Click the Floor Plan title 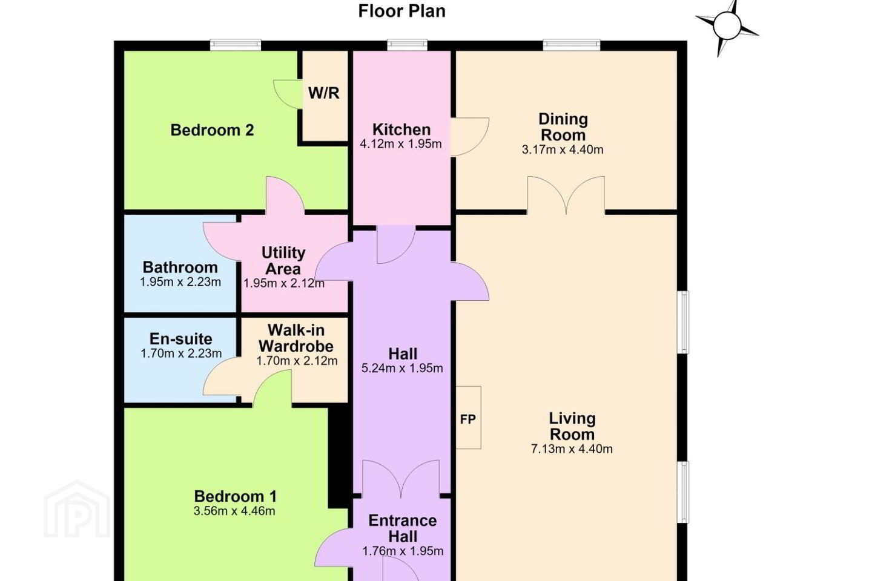401,11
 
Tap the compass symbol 727,27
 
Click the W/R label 324,93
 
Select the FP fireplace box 468,418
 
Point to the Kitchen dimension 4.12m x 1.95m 401,144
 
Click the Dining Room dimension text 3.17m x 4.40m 563,149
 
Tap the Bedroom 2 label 212,130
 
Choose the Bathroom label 180,268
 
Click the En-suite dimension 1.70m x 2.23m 181,353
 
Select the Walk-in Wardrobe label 296,338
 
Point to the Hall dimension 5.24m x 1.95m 402,368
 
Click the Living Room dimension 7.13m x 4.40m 572,448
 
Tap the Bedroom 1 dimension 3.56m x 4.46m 235,511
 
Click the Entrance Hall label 403,528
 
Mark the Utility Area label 283,261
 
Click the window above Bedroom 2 236,45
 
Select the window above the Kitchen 407,45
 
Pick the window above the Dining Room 572,45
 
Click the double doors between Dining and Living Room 566,195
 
